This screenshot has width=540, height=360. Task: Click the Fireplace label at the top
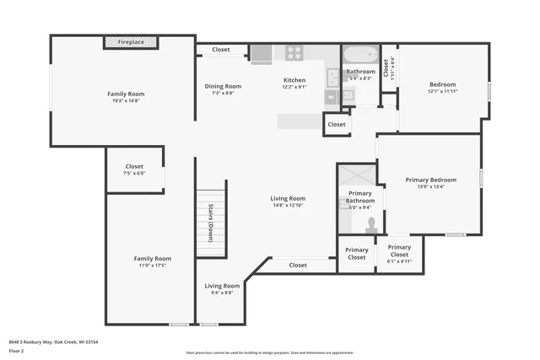pyautogui.click(x=131, y=41)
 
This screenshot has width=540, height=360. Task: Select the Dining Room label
pyautogui.click(x=224, y=86)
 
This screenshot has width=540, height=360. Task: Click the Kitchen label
pyautogui.click(x=294, y=80)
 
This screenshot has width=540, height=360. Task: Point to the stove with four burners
pyautogui.click(x=294, y=53)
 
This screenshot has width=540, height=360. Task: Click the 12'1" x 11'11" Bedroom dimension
pyautogui.click(x=443, y=91)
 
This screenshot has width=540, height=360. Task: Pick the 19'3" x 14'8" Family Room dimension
pyautogui.click(x=126, y=100)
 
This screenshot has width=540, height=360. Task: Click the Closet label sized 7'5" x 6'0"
pyautogui.click(x=134, y=173)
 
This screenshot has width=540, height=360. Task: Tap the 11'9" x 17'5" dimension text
pyautogui.click(x=152, y=266)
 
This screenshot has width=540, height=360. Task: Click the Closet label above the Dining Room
pyautogui.click(x=221, y=50)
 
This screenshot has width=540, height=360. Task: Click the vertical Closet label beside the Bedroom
pyautogui.click(x=386, y=67)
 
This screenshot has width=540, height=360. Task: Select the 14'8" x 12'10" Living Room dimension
pyautogui.click(x=288, y=205)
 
